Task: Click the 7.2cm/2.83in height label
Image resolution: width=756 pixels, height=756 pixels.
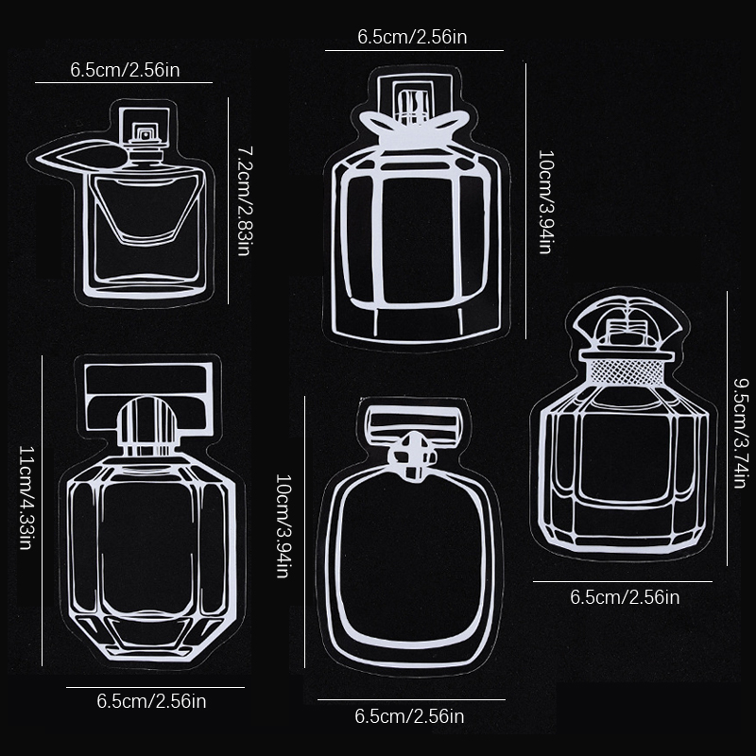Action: pos(244,201)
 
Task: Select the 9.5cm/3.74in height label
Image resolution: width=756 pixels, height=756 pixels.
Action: pos(741,433)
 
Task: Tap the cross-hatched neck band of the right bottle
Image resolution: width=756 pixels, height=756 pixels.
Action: pos(627,371)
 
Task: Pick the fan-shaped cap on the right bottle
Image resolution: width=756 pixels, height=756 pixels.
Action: pos(627,322)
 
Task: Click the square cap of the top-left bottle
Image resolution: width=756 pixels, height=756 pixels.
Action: pos(145,128)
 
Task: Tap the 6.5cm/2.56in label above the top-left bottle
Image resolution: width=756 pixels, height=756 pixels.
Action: pos(125,70)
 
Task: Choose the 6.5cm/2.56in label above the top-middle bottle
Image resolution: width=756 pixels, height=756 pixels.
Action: pos(412,37)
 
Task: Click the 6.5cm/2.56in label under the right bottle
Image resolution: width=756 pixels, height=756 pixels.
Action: pos(625,597)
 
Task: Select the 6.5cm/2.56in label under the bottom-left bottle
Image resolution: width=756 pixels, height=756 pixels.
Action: pos(151,701)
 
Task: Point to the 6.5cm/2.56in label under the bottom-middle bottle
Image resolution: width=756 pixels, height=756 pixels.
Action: pos(409,716)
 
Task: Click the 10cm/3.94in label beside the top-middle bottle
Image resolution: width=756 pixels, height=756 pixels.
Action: pos(546,201)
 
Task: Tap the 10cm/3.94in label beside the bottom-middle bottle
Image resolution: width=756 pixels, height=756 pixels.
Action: pos(283,525)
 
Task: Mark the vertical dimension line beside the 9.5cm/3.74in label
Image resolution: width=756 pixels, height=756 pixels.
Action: pos(727,428)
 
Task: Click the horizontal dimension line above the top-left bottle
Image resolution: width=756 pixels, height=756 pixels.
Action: pos(124,82)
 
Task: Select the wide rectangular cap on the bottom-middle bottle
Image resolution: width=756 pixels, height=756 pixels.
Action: pos(414,425)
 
